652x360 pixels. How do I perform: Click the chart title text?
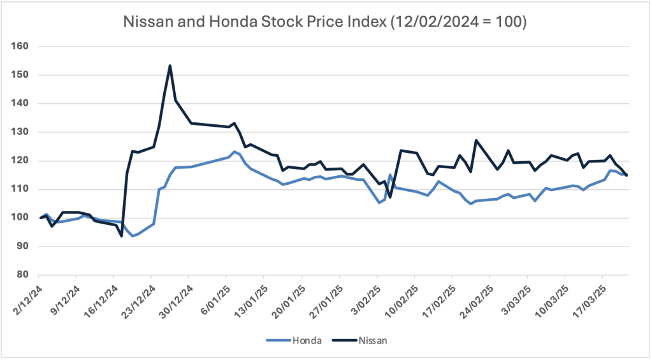click(x=326, y=22)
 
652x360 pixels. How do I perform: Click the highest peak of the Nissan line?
click(x=170, y=66)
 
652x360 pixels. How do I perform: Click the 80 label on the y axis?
click(x=24, y=275)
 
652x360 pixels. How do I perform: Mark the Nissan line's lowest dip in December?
click(x=121, y=236)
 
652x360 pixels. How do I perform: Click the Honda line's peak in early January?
click(x=235, y=152)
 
